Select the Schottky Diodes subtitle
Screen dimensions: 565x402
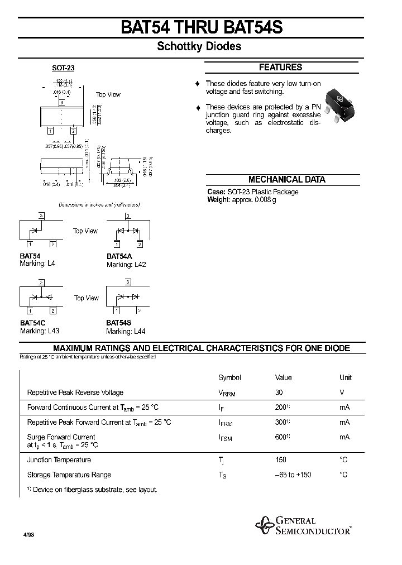199,47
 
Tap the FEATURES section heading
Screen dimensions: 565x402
281,67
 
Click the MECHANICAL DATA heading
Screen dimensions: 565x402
286,180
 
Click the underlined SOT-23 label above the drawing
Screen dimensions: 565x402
63,68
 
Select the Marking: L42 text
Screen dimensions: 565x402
126,265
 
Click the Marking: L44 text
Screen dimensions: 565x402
126,331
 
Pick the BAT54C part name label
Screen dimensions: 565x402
33,323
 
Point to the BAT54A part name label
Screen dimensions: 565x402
119,257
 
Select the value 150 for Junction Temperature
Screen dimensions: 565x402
281,460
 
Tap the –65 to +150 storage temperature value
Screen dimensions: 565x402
293,475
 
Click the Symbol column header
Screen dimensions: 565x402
229,378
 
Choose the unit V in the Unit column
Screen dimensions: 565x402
342,392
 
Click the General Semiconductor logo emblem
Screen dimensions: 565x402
264,525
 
